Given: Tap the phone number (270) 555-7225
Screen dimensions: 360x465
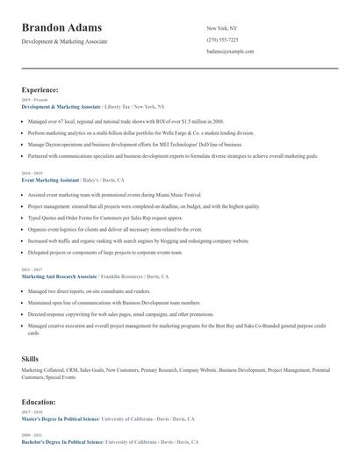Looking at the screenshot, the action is [x=222, y=40].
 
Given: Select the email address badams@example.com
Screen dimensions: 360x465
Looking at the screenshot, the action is [x=230, y=52].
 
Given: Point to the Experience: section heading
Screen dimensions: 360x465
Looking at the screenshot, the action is [x=40, y=89].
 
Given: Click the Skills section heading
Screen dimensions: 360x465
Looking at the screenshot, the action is [x=31, y=359].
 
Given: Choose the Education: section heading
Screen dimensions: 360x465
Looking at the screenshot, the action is [x=40, y=402].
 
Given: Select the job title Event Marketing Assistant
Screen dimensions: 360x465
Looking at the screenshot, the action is [x=52, y=179].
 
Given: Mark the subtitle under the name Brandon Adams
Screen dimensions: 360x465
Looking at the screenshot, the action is [x=64, y=41].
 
